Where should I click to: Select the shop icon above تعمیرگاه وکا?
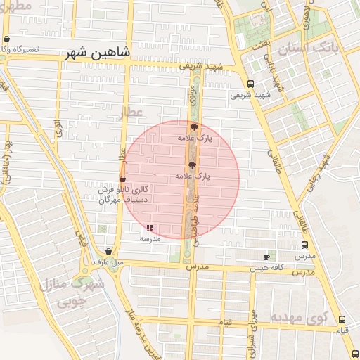point(6,39)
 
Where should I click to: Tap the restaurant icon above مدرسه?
point(150,227)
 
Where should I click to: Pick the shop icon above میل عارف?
point(108,251)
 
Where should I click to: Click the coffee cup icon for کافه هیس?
point(266,257)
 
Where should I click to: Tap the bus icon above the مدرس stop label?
point(304,245)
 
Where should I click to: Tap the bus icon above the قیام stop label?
point(342,319)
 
